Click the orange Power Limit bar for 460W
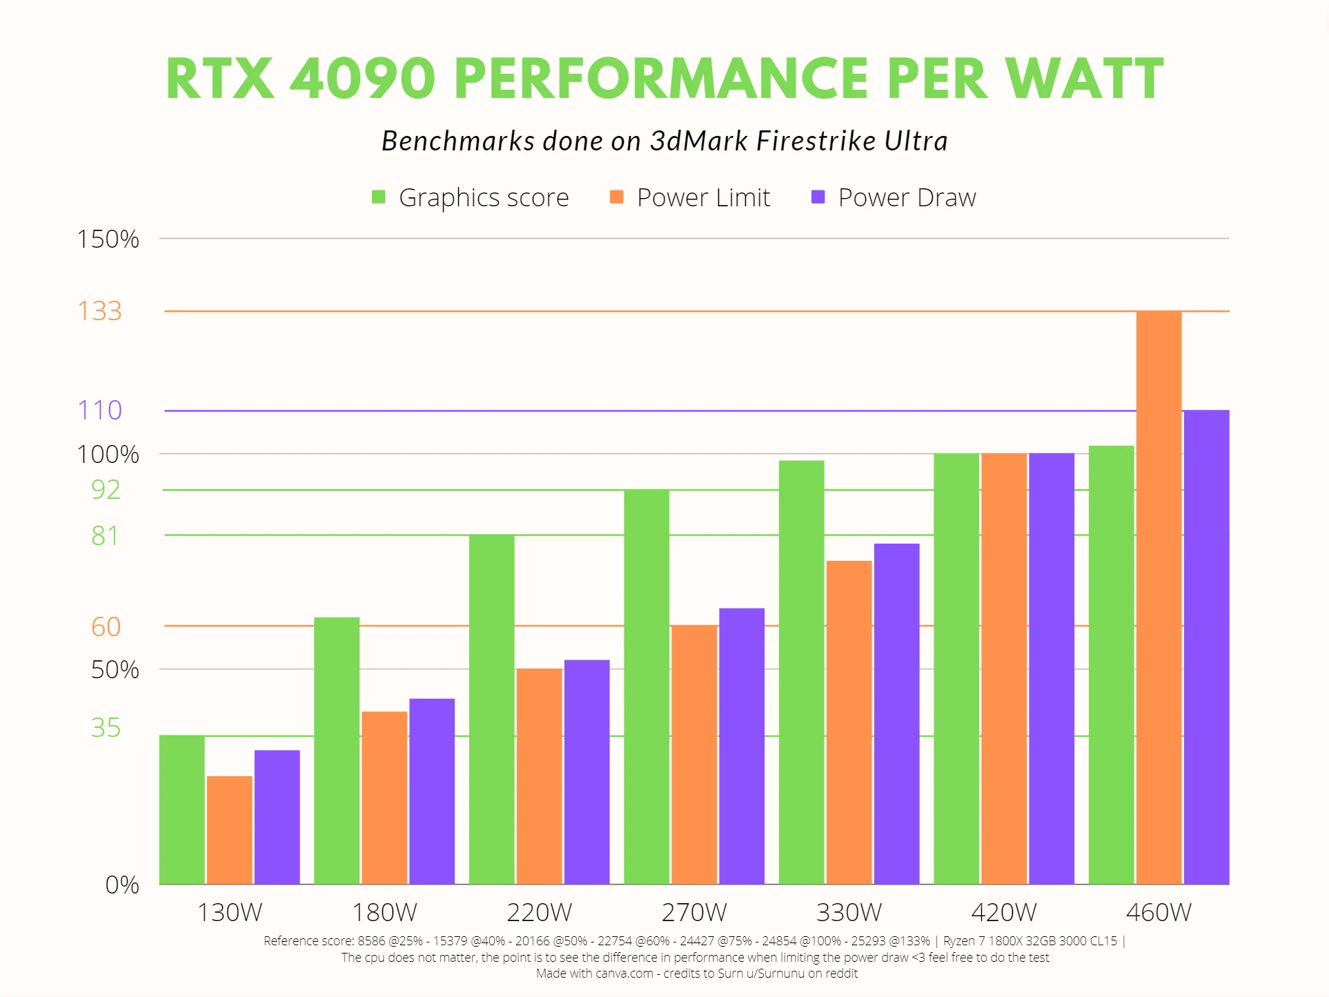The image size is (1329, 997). click(1159, 597)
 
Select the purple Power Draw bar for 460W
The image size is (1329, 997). click(1206, 646)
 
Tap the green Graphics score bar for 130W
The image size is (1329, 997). click(181, 809)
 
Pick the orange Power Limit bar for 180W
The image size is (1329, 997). click(384, 797)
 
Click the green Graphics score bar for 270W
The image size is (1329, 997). click(647, 686)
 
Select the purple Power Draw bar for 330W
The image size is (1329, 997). click(896, 713)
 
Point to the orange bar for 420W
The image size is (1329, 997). click(1004, 668)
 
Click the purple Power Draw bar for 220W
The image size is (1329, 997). click(587, 771)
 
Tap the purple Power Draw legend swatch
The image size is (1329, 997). click(818, 197)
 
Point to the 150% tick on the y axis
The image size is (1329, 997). click(108, 239)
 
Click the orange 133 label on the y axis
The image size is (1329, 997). click(99, 310)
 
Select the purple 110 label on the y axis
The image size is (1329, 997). click(99, 410)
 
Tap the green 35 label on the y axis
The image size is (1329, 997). click(106, 727)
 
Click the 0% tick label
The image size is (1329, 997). click(121, 885)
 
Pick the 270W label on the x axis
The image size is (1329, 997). click(693, 912)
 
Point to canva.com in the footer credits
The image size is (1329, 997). click(624, 974)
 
